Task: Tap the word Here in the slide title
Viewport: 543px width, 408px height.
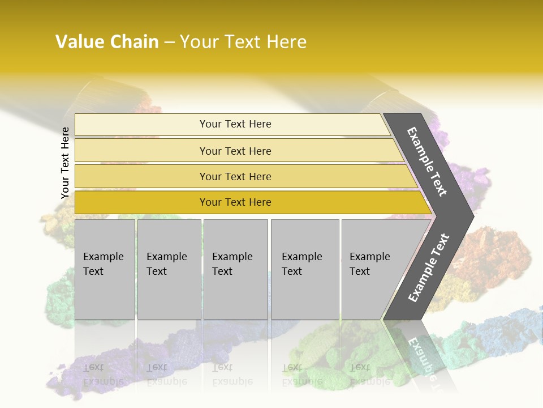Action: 286,42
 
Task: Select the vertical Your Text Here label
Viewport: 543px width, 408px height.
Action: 65,163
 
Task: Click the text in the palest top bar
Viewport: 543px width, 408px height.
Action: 235,124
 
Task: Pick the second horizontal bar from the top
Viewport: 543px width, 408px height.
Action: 235,151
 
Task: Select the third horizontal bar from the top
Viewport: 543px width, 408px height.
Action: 235,177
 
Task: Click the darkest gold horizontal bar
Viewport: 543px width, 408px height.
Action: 235,202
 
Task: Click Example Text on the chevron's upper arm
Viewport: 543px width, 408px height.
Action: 428,161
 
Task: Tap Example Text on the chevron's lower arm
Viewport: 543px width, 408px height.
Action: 429,268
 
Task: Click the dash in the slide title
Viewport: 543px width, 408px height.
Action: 169,42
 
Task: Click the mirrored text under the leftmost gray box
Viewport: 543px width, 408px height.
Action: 103,374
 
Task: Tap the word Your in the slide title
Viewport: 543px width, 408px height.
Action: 197,42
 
